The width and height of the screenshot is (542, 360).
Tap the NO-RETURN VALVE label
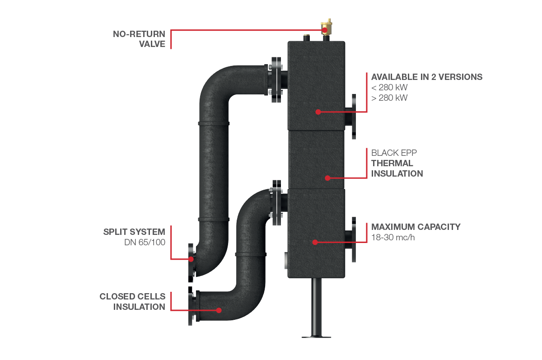pyautogui.click(x=140, y=39)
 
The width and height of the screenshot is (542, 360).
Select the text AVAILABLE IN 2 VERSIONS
pyautogui.click(x=426, y=77)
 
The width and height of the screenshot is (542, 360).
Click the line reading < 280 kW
pyautogui.click(x=389, y=87)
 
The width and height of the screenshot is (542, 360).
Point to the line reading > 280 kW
pyautogui.click(x=389, y=98)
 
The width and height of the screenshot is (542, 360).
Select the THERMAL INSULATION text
pyautogui.click(x=397, y=168)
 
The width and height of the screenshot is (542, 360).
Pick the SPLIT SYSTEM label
pyautogui.click(x=134, y=232)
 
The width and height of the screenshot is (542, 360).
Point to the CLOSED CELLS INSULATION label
pyautogui.click(x=133, y=302)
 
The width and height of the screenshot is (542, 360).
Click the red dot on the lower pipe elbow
pyautogui.click(x=219, y=310)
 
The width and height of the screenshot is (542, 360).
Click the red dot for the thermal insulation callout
pyautogui.click(x=327, y=178)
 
